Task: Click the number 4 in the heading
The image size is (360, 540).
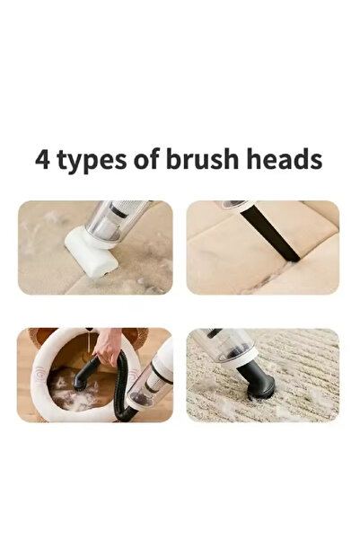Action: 42,159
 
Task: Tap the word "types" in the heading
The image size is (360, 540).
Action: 92,161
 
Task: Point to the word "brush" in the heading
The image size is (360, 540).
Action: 202,158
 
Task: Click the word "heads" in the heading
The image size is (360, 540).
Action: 285,158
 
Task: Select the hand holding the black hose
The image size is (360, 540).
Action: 108,346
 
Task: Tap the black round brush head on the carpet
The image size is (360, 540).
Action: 257,381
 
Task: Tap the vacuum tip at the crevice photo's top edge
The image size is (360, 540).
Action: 234,205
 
